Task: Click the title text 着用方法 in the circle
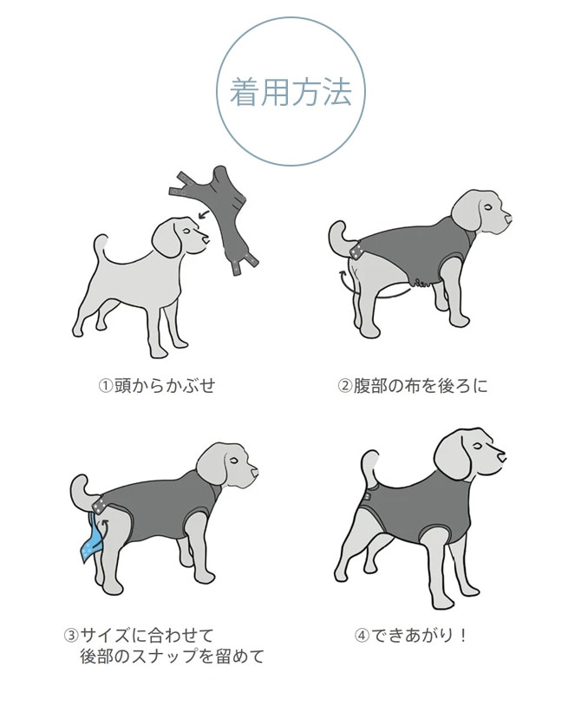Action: (x=290, y=94)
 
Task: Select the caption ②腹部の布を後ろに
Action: (x=413, y=385)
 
